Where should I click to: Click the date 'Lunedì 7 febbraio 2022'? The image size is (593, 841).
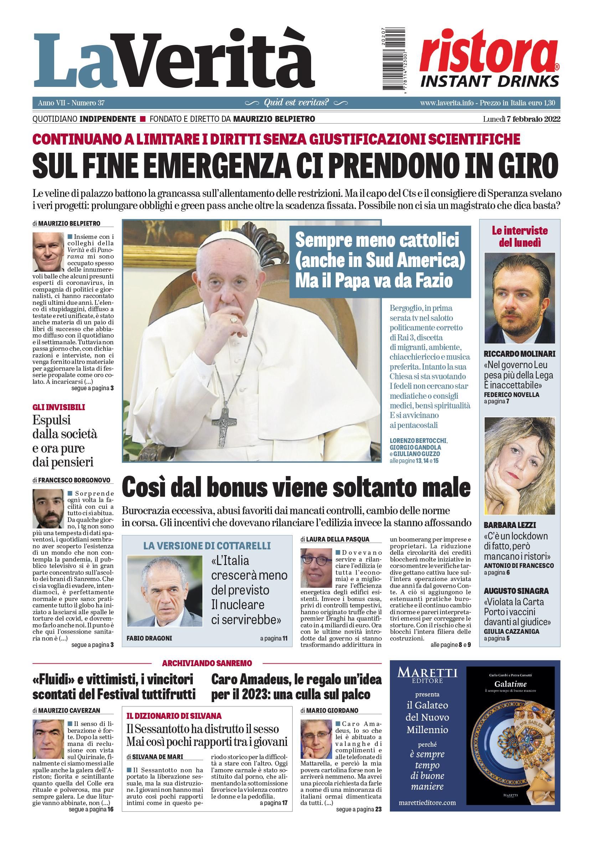(x=521, y=119)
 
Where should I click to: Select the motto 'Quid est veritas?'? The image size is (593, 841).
(x=296, y=103)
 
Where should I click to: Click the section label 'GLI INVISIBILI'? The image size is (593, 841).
(x=59, y=407)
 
